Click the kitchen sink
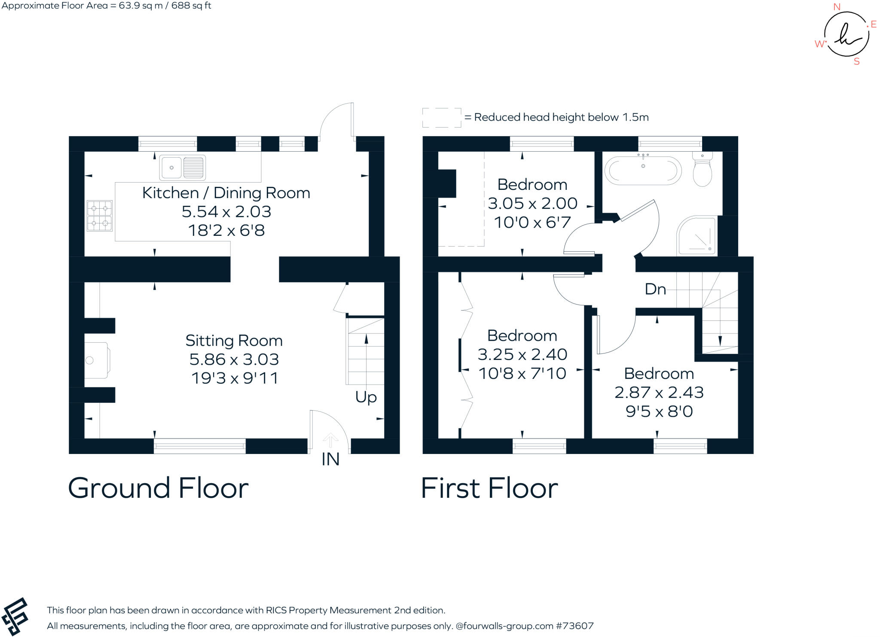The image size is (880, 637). pyautogui.click(x=182, y=168)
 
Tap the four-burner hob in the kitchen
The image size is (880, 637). pyautogui.click(x=100, y=216)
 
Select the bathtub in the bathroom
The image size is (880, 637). pyautogui.click(x=643, y=171)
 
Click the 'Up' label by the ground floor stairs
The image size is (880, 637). pyautogui.click(x=366, y=397)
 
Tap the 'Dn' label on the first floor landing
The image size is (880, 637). pyautogui.click(x=655, y=289)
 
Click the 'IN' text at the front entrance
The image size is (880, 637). pyautogui.click(x=330, y=460)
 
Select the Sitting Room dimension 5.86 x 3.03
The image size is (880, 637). pyautogui.click(x=234, y=359)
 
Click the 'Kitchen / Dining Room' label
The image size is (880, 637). pyautogui.click(x=226, y=193)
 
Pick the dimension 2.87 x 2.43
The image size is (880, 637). pyautogui.click(x=659, y=392)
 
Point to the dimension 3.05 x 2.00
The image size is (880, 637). pyautogui.click(x=532, y=203)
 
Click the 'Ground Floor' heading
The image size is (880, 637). pyautogui.click(x=158, y=488)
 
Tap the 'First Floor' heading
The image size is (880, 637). pyautogui.click(x=489, y=488)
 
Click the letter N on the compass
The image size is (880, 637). pyautogui.click(x=837, y=7)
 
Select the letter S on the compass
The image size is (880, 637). pyautogui.click(x=856, y=61)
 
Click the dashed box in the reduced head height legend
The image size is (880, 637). pyautogui.click(x=442, y=118)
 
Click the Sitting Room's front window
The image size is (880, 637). pyautogui.click(x=200, y=446)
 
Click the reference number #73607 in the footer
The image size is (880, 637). pyautogui.click(x=574, y=626)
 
